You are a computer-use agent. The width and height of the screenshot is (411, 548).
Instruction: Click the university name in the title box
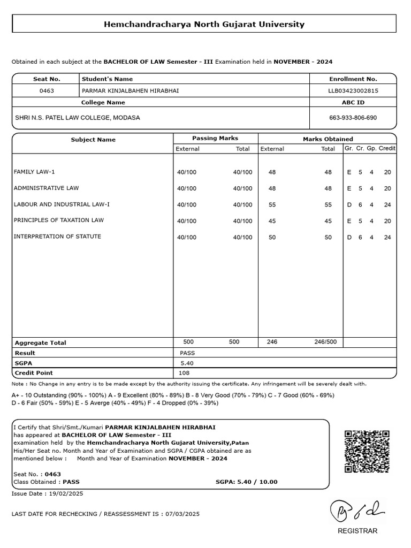point(204,24)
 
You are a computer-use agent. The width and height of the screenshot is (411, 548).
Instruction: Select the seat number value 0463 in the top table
point(47,90)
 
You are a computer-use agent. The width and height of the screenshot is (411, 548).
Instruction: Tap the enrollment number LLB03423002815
point(353,90)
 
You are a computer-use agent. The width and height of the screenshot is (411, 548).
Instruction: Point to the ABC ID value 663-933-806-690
point(353,117)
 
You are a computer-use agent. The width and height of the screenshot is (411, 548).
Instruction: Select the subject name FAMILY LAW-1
point(34,172)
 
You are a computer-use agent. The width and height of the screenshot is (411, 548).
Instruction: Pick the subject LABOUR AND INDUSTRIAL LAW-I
point(62,204)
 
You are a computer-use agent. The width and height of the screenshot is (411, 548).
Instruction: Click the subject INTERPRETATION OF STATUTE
point(57,236)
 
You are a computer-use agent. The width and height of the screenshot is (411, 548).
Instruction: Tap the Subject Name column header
point(93,140)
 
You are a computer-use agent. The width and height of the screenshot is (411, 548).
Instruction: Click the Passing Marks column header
point(215,138)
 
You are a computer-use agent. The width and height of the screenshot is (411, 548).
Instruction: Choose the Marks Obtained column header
point(328,139)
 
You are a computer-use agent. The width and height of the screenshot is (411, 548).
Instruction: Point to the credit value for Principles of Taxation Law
point(387,221)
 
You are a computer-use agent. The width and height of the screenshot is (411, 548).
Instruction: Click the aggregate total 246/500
point(325,342)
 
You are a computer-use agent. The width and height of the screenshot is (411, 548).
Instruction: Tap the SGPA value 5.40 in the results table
point(187,363)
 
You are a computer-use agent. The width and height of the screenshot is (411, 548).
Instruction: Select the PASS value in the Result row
point(188,353)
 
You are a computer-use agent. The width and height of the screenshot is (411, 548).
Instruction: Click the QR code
point(367,451)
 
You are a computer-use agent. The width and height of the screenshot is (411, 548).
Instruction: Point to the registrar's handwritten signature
point(355,509)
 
